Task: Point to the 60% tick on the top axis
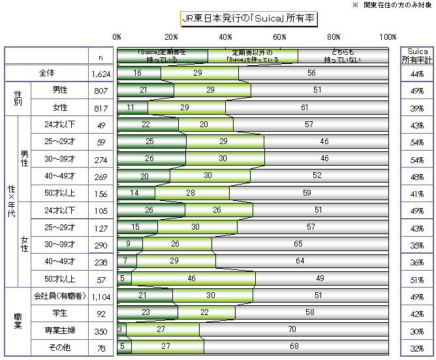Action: pos(280,37)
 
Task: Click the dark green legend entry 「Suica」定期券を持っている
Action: pos(163,55)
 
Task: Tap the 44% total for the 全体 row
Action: pos(415,73)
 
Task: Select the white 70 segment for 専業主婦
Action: pos(293,330)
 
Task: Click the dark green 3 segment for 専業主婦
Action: pos(121,330)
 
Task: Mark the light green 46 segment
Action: pos(193,278)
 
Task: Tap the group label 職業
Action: pos(18,322)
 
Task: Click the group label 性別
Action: pos(18,98)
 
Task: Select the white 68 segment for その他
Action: pos(296,346)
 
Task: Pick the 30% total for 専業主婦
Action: pos(415,330)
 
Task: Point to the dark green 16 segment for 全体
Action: pos(138,73)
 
